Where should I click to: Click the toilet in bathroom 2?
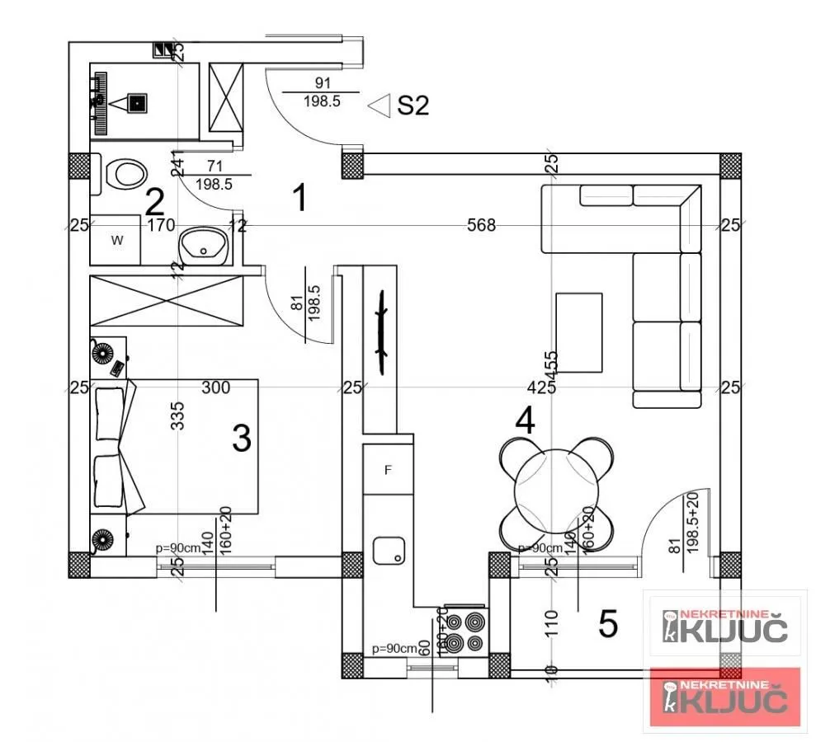click(x=126, y=174)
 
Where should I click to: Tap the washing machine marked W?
click(x=116, y=240)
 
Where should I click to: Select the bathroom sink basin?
click(x=202, y=245)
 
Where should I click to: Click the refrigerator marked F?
click(x=388, y=470)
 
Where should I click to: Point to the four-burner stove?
click(x=465, y=632)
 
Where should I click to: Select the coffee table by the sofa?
click(x=579, y=332)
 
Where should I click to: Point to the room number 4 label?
click(x=525, y=421)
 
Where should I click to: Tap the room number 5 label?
click(x=607, y=625)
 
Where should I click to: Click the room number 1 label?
click(x=300, y=198)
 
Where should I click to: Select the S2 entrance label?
click(x=413, y=106)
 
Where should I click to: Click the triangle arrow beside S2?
click(x=379, y=106)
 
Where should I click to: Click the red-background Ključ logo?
click(x=725, y=697)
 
